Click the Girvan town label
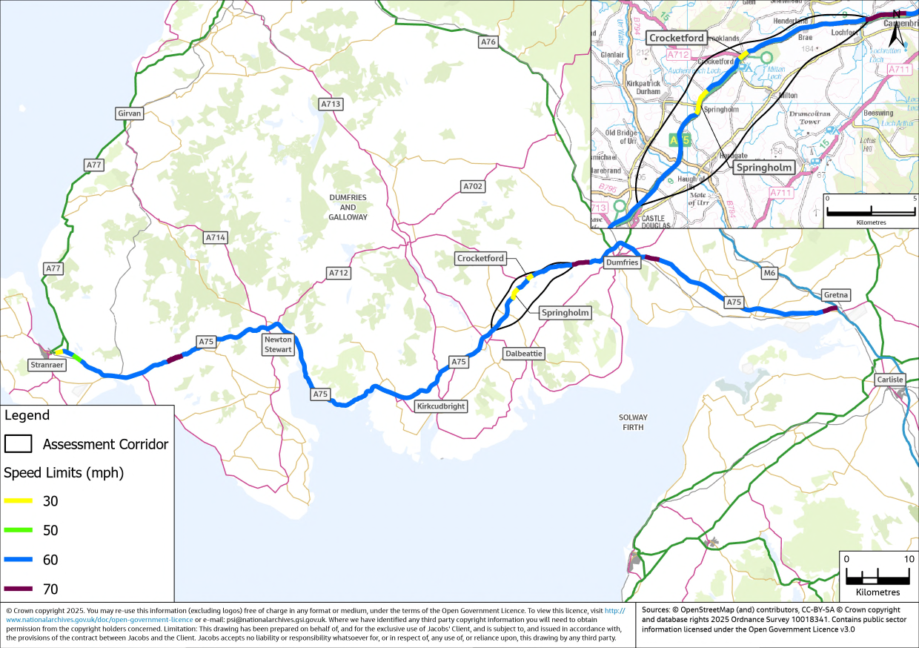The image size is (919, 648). pyautogui.click(x=129, y=113)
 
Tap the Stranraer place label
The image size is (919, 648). pyautogui.click(x=47, y=365)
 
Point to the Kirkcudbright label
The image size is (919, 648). pyautogui.click(x=441, y=406)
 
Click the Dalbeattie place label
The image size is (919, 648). pyautogui.click(x=523, y=354)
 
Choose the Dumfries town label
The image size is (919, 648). pyautogui.click(x=621, y=262)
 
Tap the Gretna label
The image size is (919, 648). pyautogui.click(x=836, y=295)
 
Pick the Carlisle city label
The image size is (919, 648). pyautogui.click(x=889, y=380)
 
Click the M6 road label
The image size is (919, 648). pyautogui.click(x=769, y=274)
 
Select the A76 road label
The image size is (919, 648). pyautogui.click(x=488, y=42)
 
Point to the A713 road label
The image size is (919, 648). pyautogui.click(x=331, y=104)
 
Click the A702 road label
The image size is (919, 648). pyautogui.click(x=472, y=186)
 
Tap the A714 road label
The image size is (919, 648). pyautogui.click(x=215, y=237)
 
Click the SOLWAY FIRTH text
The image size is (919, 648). pyautogui.click(x=633, y=423)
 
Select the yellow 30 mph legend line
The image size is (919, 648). pyautogui.click(x=18, y=501)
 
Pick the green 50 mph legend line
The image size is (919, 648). pyautogui.click(x=18, y=530)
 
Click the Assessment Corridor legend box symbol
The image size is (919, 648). pyautogui.click(x=18, y=444)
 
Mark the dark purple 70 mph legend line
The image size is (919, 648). pyautogui.click(x=18, y=589)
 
